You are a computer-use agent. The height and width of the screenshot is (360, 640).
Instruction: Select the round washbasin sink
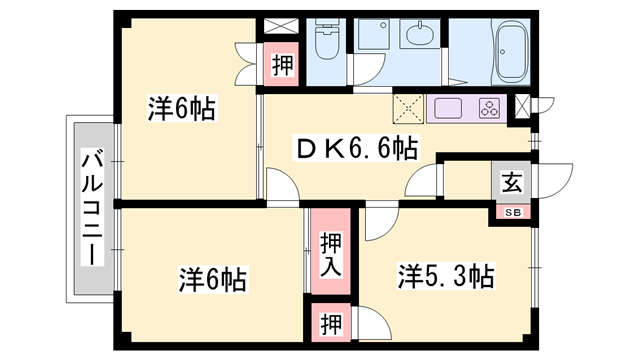click(x=420, y=34)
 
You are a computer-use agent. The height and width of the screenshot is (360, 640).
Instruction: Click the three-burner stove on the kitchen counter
click(x=490, y=109)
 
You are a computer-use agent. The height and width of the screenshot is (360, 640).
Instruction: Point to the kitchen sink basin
click(x=448, y=109)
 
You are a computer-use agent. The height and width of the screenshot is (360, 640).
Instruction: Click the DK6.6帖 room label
click(x=356, y=148)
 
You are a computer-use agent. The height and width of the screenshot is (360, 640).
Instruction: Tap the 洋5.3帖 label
click(x=447, y=276)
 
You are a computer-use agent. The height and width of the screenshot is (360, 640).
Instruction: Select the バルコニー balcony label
click(x=93, y=208)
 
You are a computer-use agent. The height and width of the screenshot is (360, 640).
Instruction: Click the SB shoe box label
click(x=513, y=212)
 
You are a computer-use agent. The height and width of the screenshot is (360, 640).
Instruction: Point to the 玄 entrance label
click(x=512, y=182)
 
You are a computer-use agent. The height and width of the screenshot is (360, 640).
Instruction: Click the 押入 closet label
click(x=331, y=255)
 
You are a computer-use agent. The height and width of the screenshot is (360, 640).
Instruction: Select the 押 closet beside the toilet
click(x=282, y=65)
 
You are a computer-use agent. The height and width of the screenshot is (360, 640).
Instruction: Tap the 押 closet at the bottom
click(x=331, y=323)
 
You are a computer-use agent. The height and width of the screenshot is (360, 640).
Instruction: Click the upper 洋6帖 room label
click(x=182, y=109)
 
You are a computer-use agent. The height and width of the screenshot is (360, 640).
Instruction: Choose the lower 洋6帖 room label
click(x=212, y=280)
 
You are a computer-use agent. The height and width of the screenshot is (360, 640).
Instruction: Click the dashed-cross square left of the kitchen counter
click(x=409, y=109)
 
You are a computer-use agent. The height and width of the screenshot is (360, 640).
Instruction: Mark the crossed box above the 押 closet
click(x=281, y=26)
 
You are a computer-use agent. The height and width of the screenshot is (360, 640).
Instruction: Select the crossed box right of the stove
click(x=522, y=106)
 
